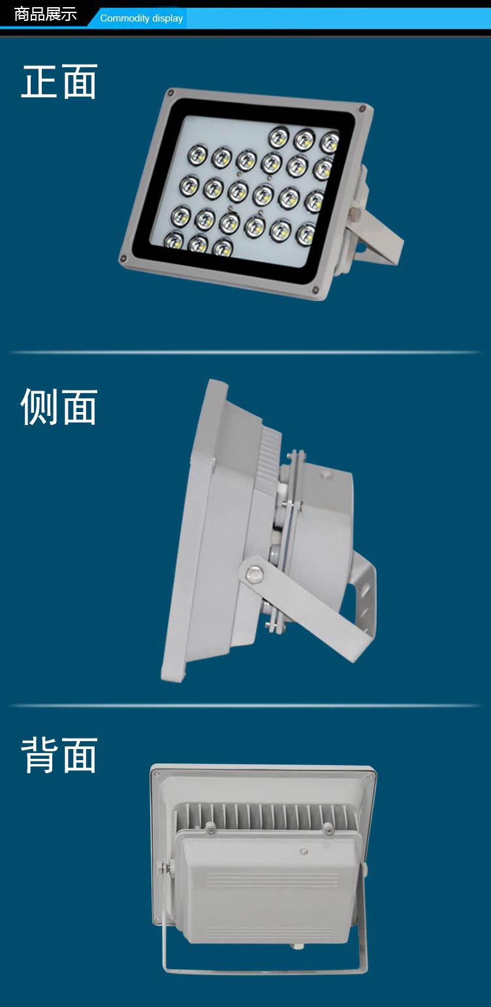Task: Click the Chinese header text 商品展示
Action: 45,14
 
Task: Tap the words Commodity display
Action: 141,18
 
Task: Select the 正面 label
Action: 59,82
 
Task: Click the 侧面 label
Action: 59,406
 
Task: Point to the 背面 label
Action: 59,755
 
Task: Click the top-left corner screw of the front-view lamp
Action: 170,93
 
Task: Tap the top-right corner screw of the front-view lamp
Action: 362,108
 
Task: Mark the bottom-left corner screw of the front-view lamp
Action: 123,259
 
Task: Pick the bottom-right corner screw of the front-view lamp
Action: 315,290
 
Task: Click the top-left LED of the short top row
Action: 279,137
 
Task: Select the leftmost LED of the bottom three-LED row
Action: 174,240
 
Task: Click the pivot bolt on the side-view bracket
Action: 254,573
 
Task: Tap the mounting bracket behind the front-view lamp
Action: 376,229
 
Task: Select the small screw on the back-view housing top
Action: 304,852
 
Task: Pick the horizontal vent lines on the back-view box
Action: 272,879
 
